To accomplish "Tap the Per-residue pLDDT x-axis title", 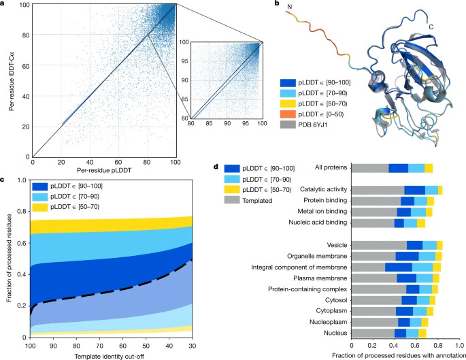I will [x=104, y=169].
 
